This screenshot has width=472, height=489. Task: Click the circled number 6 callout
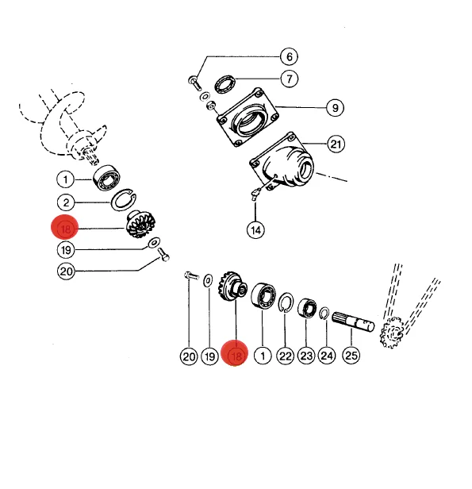pos(289,56)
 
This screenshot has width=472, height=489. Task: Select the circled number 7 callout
pos(289,79)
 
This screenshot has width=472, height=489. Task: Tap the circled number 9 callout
pos(335,108)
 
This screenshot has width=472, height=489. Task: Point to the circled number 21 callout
pos(336,144)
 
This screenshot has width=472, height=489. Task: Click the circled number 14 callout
pos(255,230)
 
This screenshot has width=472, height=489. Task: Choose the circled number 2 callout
pos(66,202)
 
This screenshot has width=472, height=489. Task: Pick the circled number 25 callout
pos(351,355)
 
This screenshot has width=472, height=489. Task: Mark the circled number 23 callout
pos(306,356)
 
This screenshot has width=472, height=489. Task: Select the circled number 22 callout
pos(285,356)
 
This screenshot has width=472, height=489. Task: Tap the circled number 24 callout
pos(327,356)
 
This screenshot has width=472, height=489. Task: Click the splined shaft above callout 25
pos(353,322)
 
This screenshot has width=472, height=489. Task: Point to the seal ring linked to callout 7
pos(224,84)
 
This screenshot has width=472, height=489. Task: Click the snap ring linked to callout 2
pos(124,200)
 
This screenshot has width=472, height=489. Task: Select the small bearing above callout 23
pos(307,308)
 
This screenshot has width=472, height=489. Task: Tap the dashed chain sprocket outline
pos(392,332)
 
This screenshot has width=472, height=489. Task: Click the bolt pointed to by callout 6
pos(194,83)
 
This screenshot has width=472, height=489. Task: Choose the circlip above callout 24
pos(324,314)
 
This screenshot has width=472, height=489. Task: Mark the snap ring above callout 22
pos(286,302)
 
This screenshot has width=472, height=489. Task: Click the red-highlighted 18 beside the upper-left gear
pos(65,227)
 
